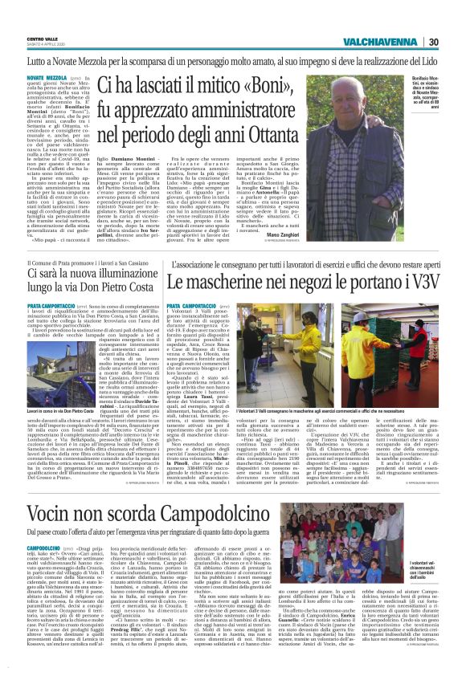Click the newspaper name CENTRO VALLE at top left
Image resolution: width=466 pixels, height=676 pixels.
pos(42,39)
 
